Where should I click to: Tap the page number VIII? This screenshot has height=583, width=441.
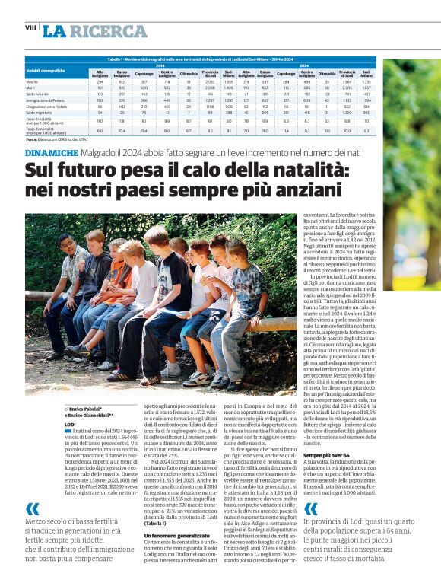point(30,27)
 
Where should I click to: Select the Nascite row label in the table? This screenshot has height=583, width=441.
point(32,81)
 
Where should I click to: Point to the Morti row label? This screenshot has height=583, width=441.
point(30,87)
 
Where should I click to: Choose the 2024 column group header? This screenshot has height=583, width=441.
point(304,65)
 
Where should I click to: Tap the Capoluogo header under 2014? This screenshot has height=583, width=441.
point(144,74)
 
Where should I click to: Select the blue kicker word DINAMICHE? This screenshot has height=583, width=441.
point(51,153)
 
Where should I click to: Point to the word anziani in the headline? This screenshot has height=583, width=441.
point(302,189)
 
